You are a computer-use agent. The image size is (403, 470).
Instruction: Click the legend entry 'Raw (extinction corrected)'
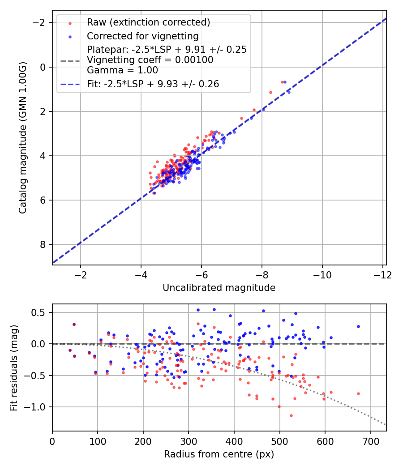click(148, 22)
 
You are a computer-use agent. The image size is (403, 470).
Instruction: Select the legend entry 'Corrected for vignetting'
click(143, 36)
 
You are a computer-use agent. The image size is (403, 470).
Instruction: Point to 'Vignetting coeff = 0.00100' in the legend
click(150, 60)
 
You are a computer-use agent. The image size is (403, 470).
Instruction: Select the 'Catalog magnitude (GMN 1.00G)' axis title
click(23, 138)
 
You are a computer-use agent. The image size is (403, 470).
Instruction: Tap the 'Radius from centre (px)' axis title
click(219, 454)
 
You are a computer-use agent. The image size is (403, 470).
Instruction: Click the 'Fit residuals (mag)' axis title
click(14, 367)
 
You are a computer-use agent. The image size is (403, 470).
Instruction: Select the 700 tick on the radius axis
click(370, 440)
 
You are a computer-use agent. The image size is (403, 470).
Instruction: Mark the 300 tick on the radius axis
click(189, 440)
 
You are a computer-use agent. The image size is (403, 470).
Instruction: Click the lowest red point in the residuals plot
click(291, 415)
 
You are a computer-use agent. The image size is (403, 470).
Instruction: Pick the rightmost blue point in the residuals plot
click(358, 326)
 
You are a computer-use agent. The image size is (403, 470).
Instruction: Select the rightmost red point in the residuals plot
click(358, 393)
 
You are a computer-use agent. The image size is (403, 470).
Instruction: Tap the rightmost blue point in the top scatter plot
click(289, 92)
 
